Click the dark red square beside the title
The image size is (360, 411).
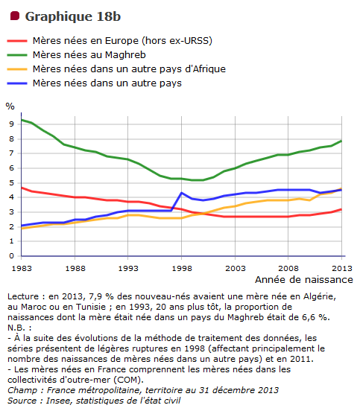click(x=15, y=16)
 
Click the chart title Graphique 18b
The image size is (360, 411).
click(x=73, y=16)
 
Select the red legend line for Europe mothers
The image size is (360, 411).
click(x=17, y=41)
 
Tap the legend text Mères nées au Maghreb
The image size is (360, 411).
click(x=89, y=55)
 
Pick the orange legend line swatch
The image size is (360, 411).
click(x=17, y=69)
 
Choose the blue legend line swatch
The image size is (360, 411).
click(x=17, y=83)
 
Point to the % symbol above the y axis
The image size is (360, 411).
click(x=10, y=106)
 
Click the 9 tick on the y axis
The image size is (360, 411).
click(x=11, y=124)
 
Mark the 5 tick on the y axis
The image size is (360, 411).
click(x=11, y=182)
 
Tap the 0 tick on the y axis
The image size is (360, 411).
click(x=11, y=256)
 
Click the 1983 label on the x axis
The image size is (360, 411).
click(x=22, y=268)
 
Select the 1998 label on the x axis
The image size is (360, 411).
click(x=182, y=268)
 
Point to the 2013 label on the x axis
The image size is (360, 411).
click(x=342, y=268)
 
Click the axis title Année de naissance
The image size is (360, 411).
click(x=304, y=280)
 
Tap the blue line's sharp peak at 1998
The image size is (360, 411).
click(x=182, y=193)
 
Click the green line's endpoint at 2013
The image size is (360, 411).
click(x=341, y=141)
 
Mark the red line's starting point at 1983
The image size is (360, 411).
click(x=22, y=188)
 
